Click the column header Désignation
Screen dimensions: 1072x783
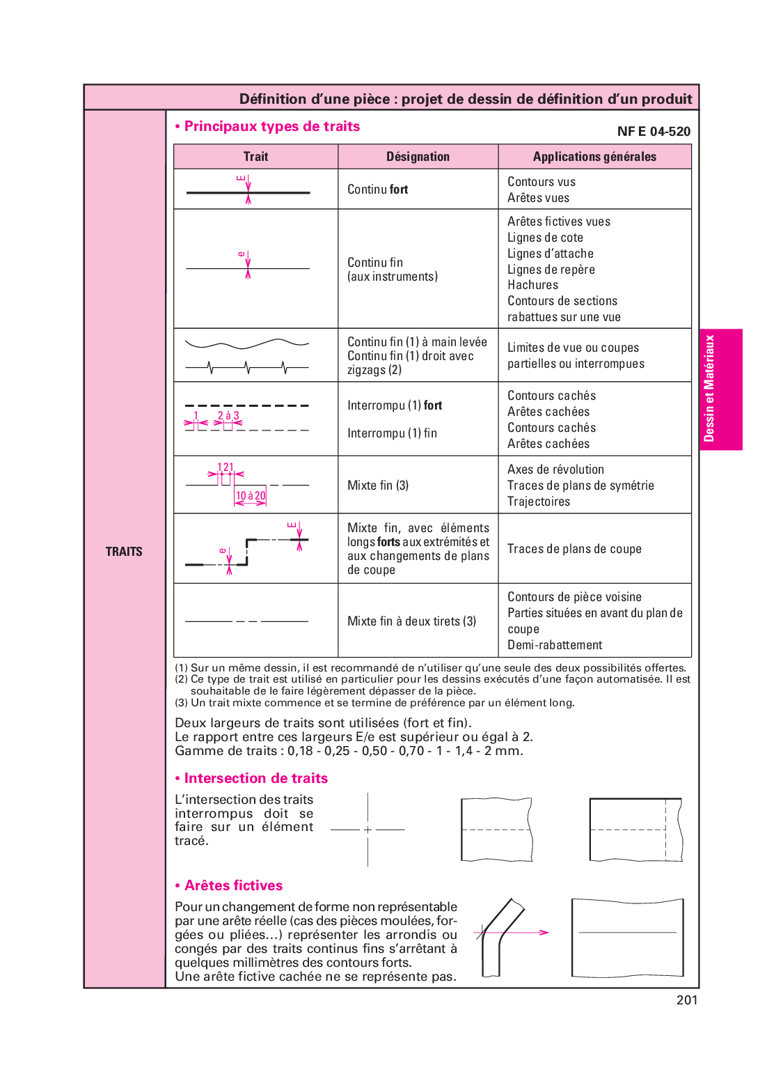click(418, 157)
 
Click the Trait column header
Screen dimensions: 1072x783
click(255, 157)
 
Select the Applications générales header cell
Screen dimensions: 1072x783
click(594, 157)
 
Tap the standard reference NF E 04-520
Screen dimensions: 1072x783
click(654, 132)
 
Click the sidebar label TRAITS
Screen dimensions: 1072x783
click(124, 552)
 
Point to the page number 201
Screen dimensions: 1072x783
click(686, 1000)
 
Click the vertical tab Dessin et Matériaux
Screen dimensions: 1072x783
click(709, 389)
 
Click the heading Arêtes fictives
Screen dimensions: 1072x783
click(233, 886)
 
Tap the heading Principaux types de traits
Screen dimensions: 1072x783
click(271, 127)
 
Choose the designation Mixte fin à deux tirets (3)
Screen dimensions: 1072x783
click(411, 621)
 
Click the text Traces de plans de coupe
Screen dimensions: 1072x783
click(574, 549)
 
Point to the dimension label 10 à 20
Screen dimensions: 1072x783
click(251, 496)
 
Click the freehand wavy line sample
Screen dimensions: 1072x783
click(247, 344)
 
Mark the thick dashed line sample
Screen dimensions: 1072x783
click(247, 405)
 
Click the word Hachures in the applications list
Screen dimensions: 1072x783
click(532, 285)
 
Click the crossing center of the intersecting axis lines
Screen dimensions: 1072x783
click(367, 830)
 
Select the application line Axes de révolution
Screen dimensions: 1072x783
click(555, 469)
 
